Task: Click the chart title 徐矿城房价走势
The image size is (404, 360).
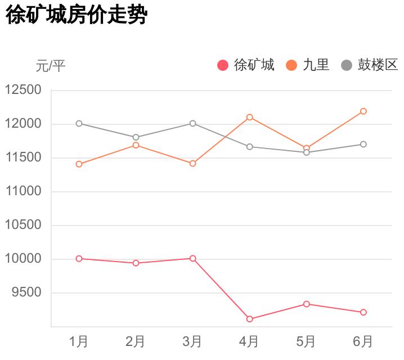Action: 76,15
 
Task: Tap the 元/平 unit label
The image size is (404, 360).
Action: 51,66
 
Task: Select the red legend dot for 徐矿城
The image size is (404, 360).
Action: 223,65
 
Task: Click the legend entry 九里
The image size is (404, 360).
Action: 316,65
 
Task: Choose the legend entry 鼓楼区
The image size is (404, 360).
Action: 378,65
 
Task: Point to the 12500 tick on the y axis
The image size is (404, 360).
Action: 23,90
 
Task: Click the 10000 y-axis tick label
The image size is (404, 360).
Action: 23,259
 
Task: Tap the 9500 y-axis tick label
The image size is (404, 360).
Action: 26,292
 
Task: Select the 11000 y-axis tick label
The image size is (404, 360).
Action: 23,191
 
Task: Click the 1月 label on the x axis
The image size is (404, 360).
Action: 79,341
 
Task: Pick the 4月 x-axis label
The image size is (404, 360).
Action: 249,341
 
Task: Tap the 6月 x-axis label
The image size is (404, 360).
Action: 363,341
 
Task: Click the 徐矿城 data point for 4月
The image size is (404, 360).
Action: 249,319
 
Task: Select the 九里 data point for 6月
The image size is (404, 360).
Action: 363,111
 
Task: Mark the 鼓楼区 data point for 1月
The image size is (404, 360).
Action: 79,123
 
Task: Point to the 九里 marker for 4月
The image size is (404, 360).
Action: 249,117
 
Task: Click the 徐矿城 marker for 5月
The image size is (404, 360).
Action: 307,304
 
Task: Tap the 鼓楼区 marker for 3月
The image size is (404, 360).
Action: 192,123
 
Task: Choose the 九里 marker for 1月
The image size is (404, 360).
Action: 79,164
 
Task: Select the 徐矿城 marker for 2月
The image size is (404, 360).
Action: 136,263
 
